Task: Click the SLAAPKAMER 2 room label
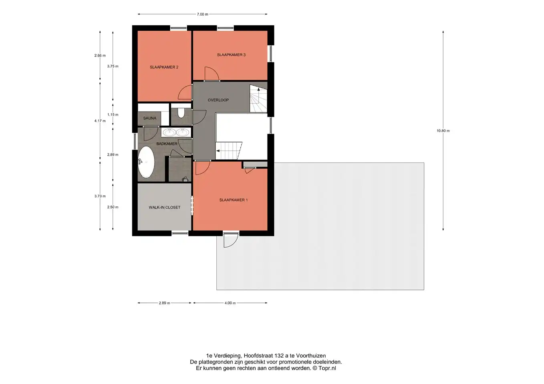point(164,67)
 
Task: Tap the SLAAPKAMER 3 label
point(231,55)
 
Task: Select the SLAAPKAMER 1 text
point(234,200)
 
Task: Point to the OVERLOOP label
point(218,100)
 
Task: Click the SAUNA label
point(149,118)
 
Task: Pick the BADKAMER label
point(167,144)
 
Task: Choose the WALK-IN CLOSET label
point(164,207)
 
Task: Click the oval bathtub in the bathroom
point(146,162)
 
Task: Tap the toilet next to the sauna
point(181,113)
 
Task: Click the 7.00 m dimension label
point(202,14)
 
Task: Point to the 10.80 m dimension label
point(443,131)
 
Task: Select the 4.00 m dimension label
point(230,303)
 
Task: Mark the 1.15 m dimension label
point(113,115)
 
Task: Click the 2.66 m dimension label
point(100,56)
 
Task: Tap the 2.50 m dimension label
point(113,207)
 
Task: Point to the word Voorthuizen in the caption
point(311,356)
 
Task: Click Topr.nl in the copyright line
point(327,368)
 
